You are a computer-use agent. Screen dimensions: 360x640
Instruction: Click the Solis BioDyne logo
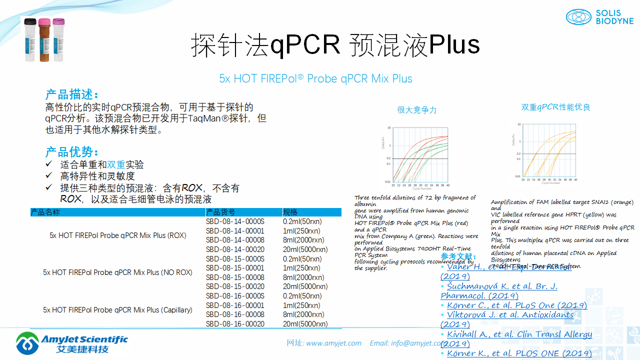(x=599, y=17)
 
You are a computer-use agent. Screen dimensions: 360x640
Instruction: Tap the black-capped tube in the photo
(x=31, y=40)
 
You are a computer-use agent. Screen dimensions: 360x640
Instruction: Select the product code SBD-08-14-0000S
(x=234, y=221)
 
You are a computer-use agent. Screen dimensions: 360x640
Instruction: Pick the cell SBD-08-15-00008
(x=234, y=277)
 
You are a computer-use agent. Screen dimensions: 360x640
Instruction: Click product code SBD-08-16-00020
(x=234, y=324)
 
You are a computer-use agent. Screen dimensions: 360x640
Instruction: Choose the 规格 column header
(x=290, y=212)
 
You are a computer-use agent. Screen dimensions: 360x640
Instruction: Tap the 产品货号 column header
(x=220, y=212)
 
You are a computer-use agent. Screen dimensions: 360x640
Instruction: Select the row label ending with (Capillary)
(x=117, y=310)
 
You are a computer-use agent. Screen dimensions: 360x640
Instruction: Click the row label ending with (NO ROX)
(x=117, y=272)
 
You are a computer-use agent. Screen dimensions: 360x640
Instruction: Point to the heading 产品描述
(x=72, y=94)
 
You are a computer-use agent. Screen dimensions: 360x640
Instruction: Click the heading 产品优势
(x=72, y=152)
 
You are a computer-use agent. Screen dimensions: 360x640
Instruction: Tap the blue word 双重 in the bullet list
(x=116, y=164)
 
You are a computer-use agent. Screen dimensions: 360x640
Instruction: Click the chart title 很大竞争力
(x=417, y=110)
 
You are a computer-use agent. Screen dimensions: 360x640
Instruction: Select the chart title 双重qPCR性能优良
(x=555, y=107)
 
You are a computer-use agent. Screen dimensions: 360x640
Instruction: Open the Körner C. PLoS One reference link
(x=517, y=305)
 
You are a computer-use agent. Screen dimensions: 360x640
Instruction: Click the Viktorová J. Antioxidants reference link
(x=510, y=315)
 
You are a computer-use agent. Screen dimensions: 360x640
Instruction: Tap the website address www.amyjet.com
(x=333, y=343)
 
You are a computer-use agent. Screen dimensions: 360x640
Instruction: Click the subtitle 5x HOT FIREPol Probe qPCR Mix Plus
(x=315, y=78)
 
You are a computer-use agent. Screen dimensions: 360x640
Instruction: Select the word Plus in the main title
(x=454, y=45)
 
